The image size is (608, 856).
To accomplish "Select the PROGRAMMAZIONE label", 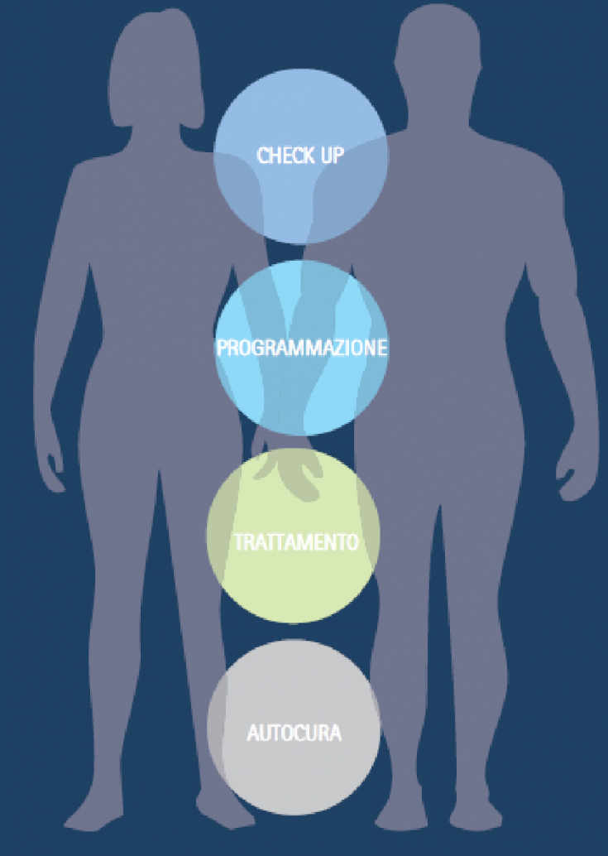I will pyautogui.click(x=301, y=348).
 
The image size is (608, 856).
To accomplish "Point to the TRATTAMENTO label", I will pyautogui.click(x=295, y=543).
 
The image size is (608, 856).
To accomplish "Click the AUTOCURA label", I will pyautogui.click(x=294, y=733).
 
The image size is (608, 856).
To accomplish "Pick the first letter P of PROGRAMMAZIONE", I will pyautogui.click(x=222, y=348).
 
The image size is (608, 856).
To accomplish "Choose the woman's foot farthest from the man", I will pyautogui.click(x=91, y=820).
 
